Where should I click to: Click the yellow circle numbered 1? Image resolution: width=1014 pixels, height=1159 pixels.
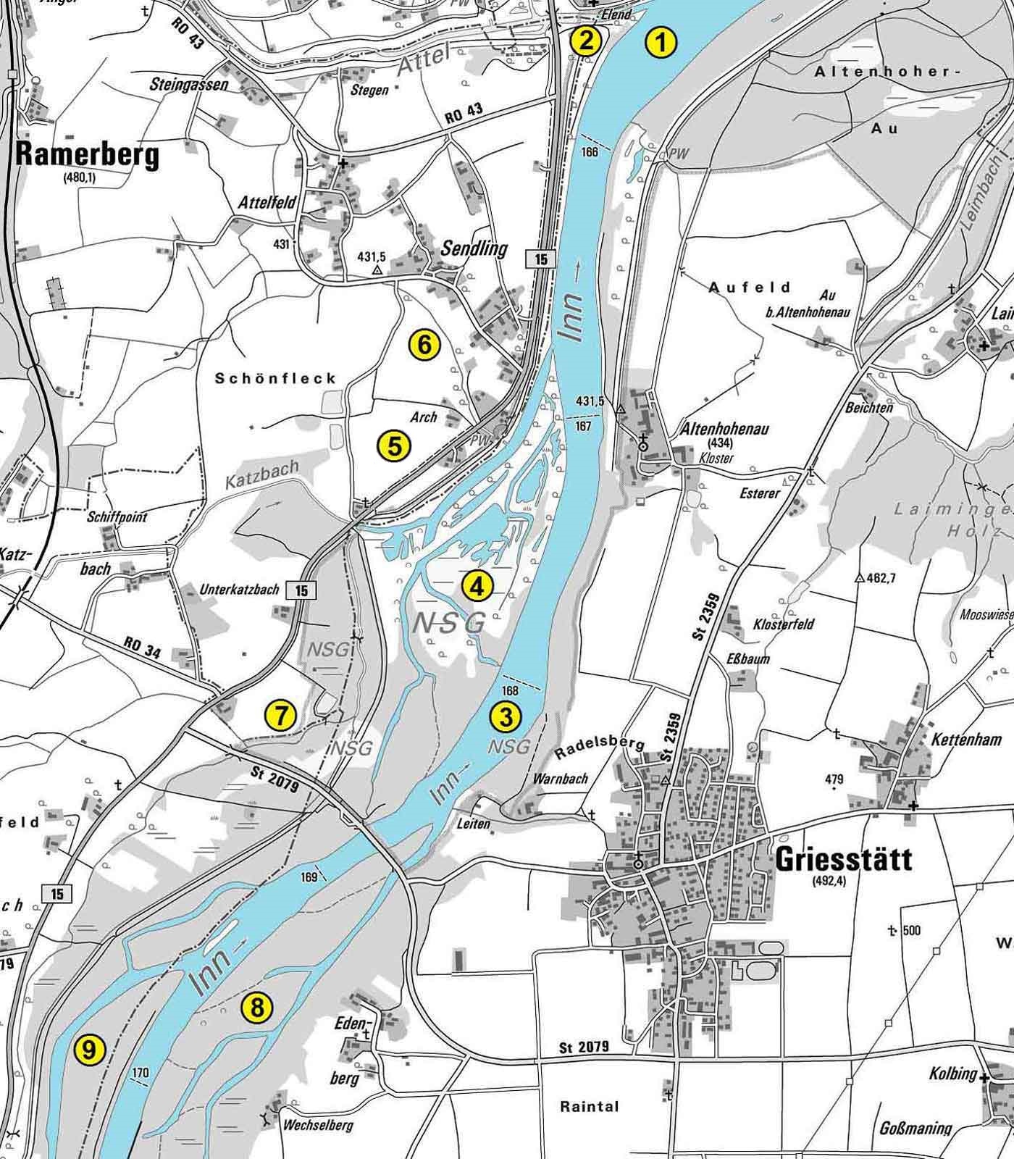click(x=660, y=42)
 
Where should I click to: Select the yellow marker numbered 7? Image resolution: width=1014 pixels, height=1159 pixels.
click(x=280, y=716)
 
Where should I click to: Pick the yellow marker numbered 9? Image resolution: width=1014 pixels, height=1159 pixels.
click(x=89, y=1050)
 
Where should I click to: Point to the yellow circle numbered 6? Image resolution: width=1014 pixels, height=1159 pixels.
click(x=424, y=345)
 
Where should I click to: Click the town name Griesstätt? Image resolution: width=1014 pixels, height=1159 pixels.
click(x=843, y=860)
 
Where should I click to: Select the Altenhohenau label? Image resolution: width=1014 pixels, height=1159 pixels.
click(x=725, y=429)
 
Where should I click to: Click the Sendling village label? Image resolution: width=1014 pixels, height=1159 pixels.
click(x=475, y=248)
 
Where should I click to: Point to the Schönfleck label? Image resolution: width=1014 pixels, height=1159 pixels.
click(x=276, y=378)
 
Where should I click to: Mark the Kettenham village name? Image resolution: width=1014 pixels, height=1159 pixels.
click(x=966, y=740)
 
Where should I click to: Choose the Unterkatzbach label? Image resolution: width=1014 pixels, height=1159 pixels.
click(x=239, y=590)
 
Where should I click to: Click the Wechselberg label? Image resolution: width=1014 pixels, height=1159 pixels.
click(x=318, y=1125)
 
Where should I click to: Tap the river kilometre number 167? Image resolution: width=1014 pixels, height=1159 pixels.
click(x=583, y=426)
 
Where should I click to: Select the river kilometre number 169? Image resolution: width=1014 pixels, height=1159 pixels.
click(x=309, y=877)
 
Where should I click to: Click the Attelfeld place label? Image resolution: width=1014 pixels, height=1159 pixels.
click(x=267, y=203)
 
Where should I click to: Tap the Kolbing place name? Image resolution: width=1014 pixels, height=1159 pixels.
click(x=953, y=1073)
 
